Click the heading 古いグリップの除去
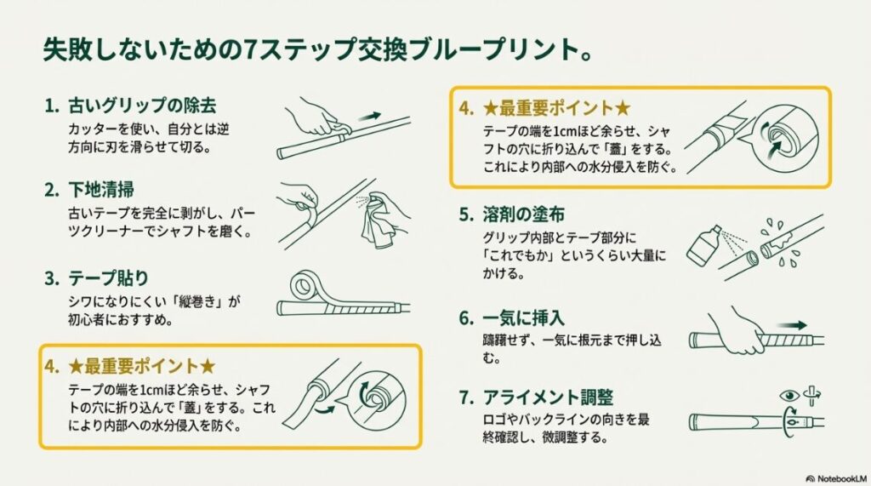pos(141,106)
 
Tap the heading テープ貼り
pos(110,277)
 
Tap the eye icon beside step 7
pos(789,395)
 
